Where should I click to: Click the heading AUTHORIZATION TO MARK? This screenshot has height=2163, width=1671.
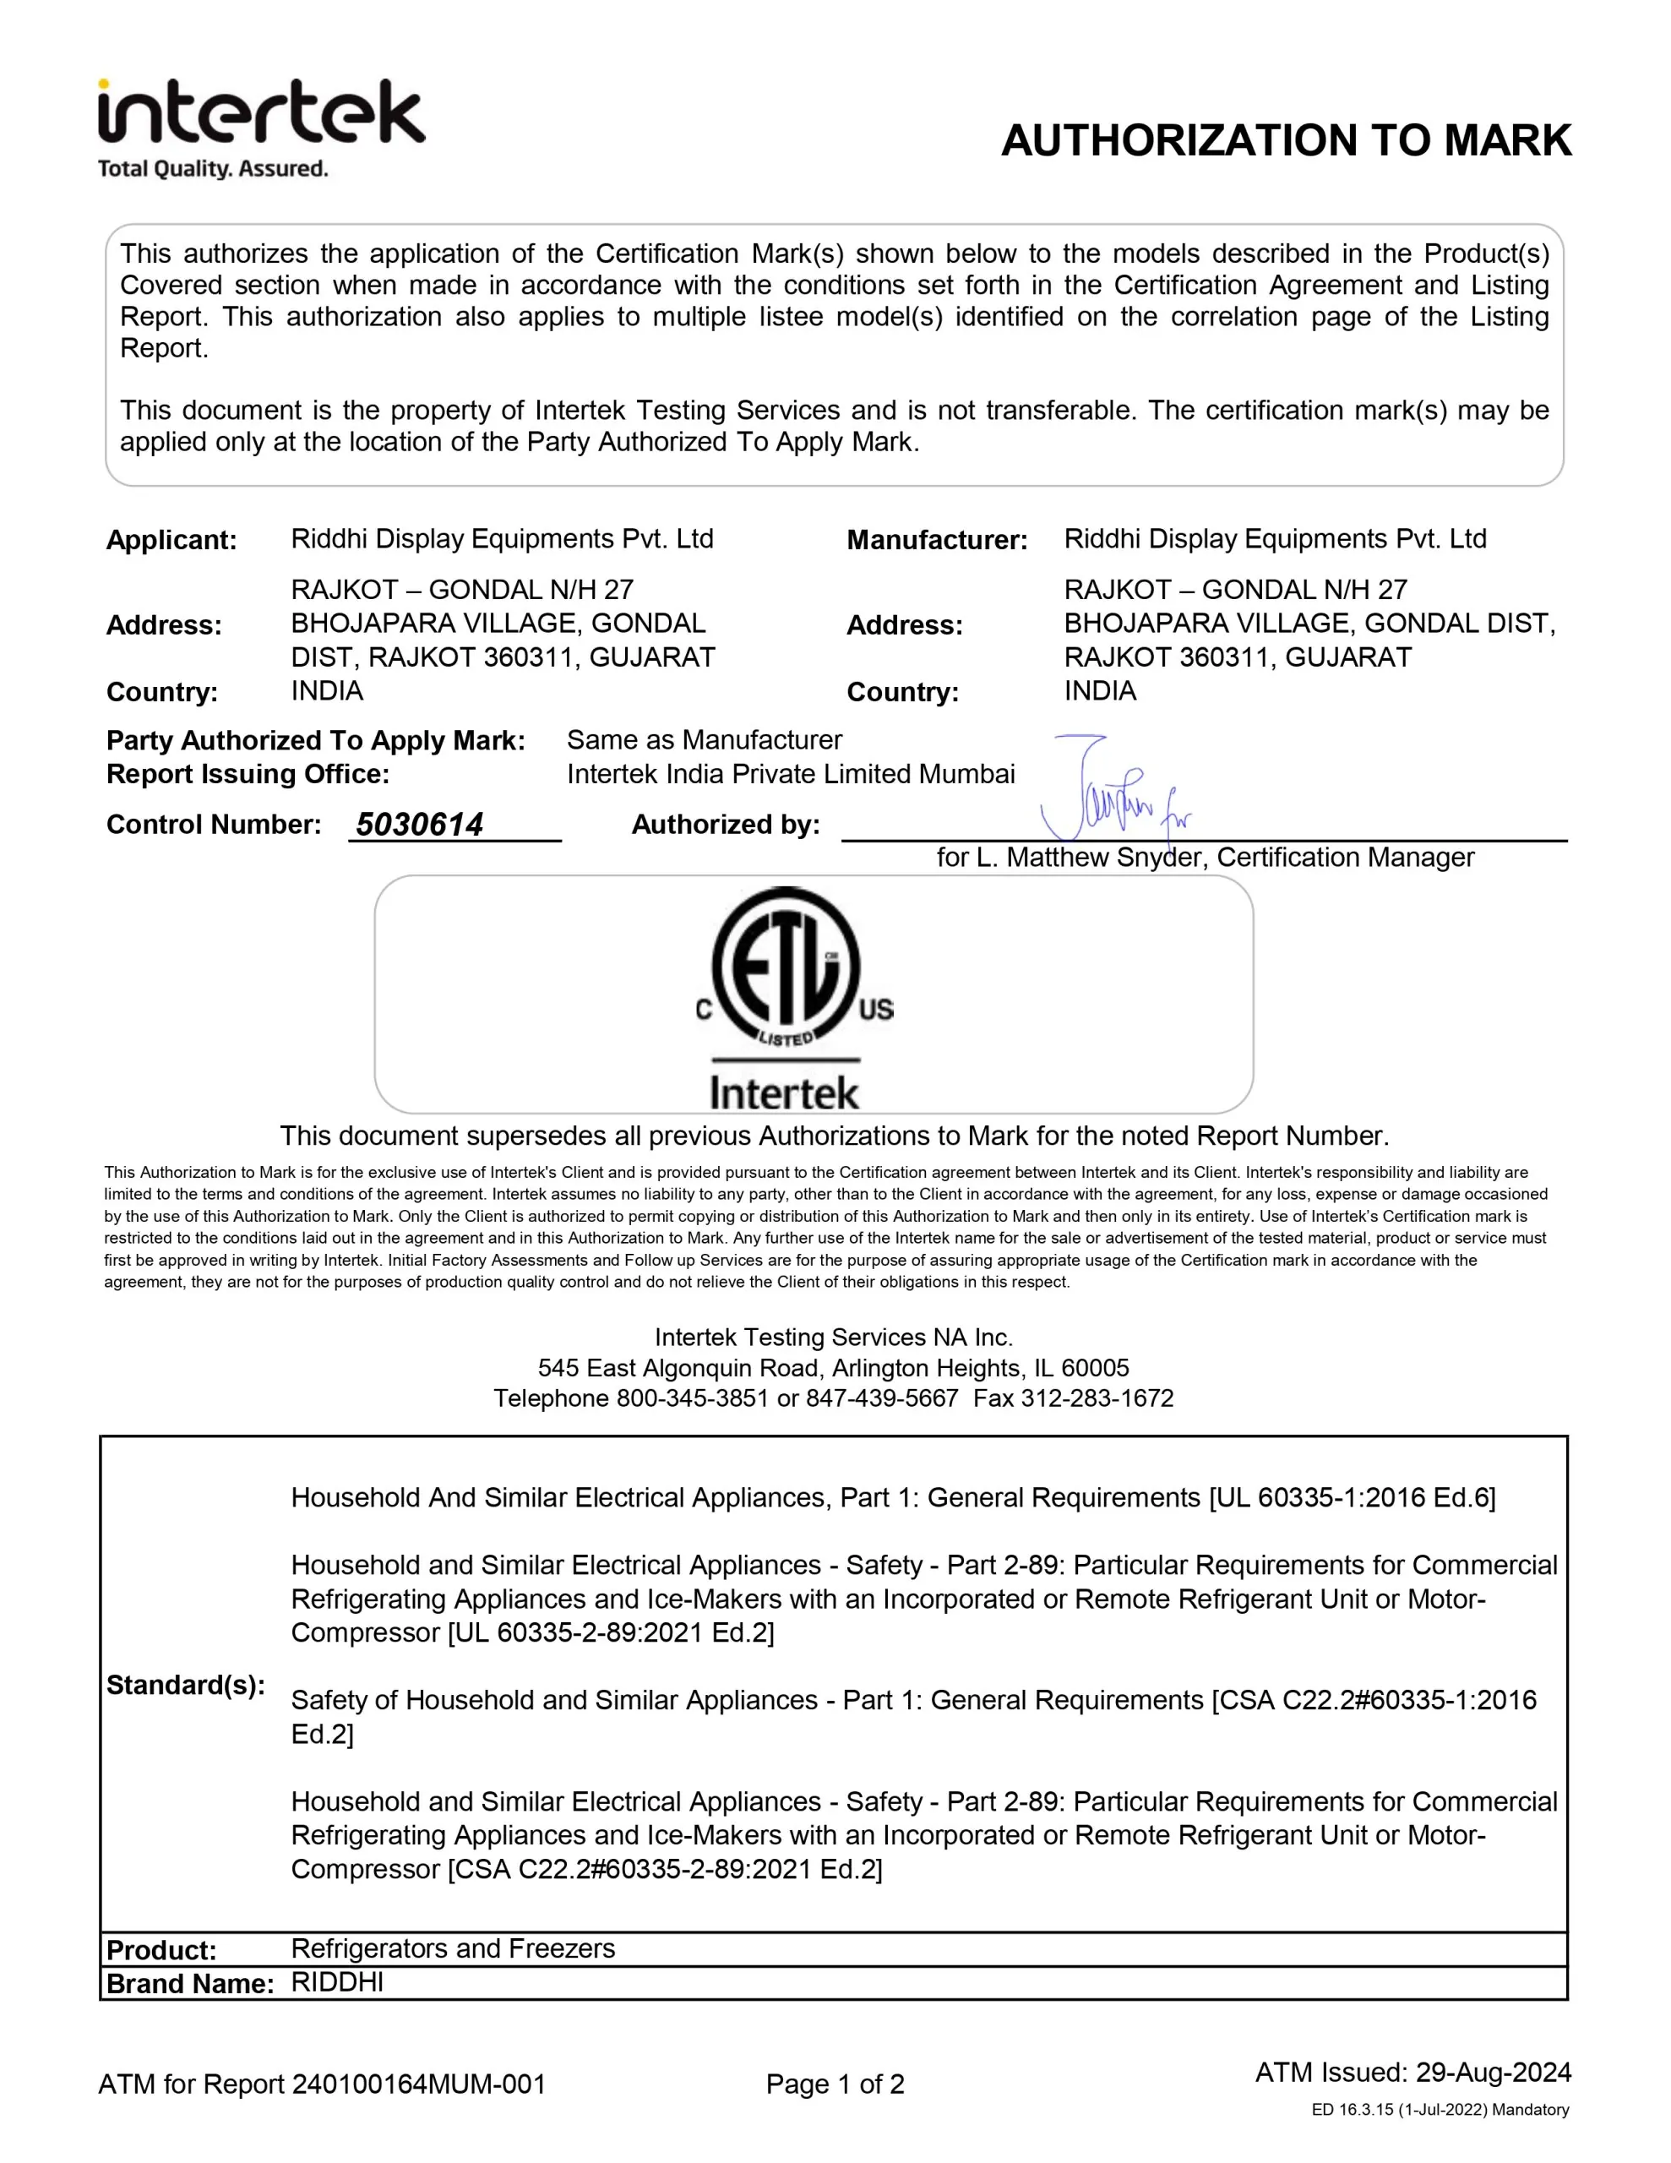[x=1285, y=140]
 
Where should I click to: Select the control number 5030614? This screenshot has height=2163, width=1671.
[x=419, y=824]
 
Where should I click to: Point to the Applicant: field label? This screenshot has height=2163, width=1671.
[x=171, y=540]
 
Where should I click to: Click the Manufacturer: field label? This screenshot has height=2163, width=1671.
[x=936, y=540]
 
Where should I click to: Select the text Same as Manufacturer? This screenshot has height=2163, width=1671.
[x=703, y=740]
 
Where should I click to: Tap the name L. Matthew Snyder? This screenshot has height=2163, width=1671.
[x=1091, y=858]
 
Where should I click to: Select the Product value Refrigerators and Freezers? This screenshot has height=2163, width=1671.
[x=453, y=1948]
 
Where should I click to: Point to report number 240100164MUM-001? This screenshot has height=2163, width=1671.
[x=418, y=2084]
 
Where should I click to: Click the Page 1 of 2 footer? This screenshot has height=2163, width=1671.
[x=835, y=2084]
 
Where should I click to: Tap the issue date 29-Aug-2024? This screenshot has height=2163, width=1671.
[x=1493, y=2072]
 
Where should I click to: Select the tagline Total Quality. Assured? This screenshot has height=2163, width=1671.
[x=212, y=169]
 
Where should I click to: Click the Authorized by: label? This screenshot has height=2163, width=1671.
[x=725, y=824]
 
